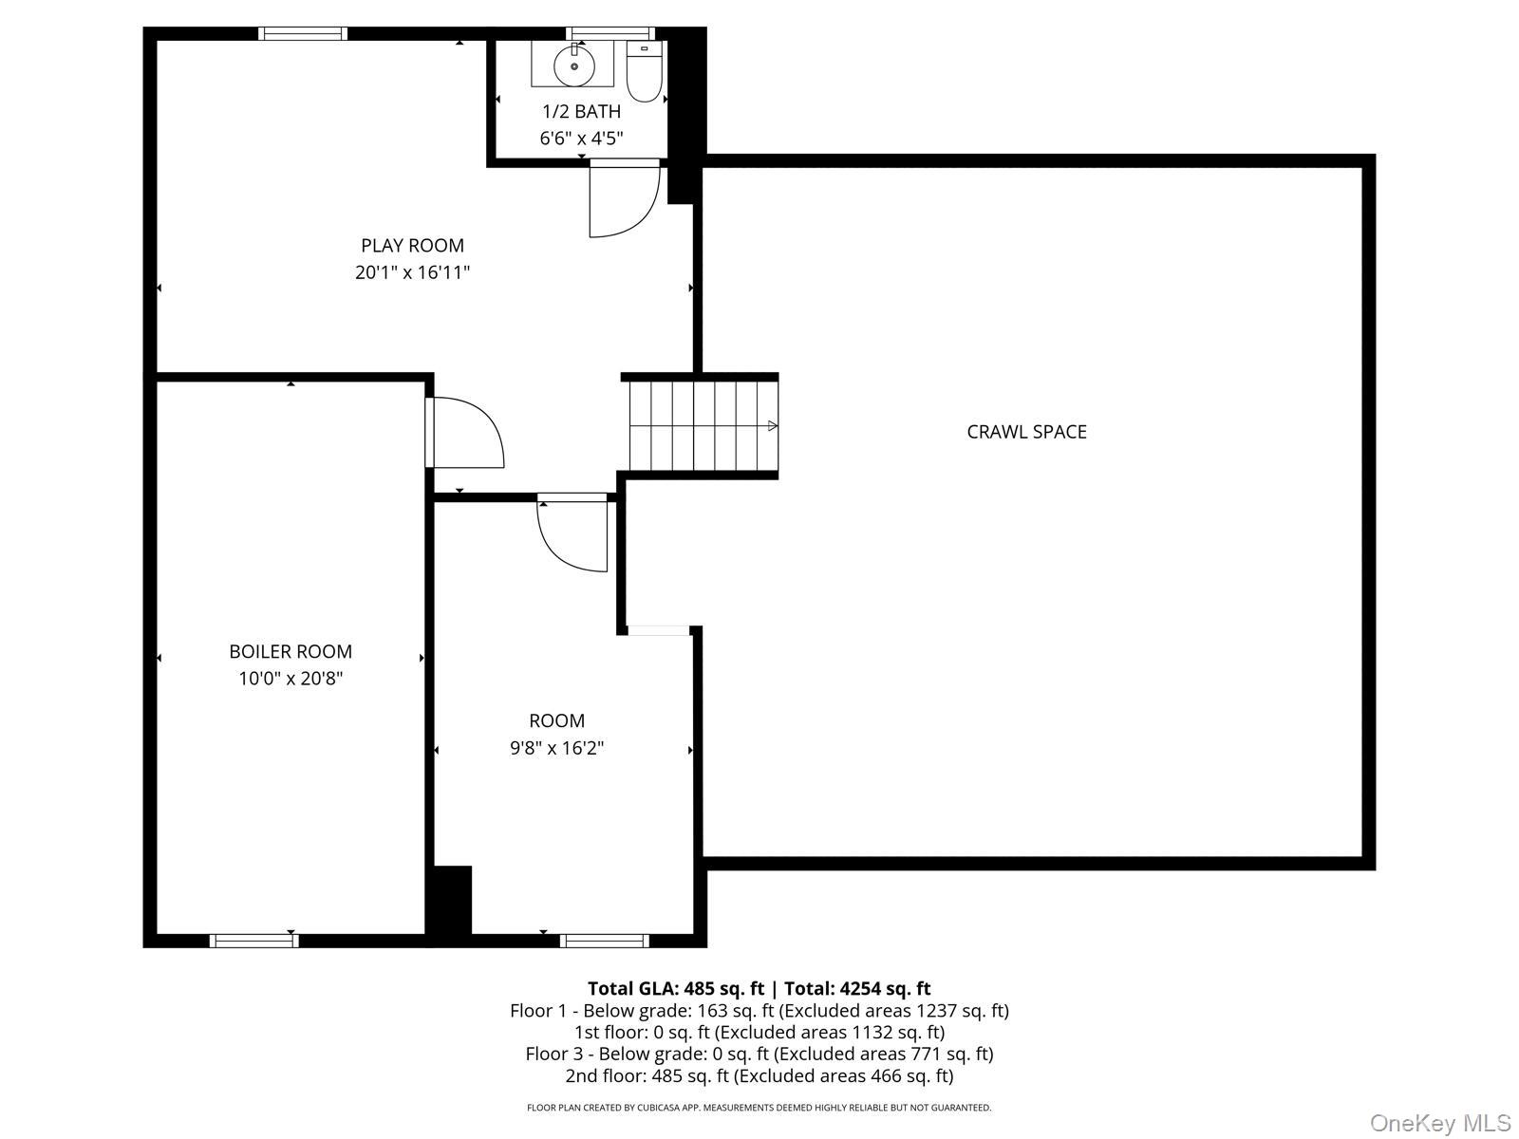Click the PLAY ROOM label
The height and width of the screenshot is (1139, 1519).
coord(412,246)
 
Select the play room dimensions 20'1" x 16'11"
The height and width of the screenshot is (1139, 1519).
coord(412,273)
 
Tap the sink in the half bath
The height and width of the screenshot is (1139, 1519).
coord(573,64)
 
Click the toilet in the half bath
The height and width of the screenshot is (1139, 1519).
coord(644,72)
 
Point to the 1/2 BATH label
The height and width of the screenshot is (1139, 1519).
coord(581,111)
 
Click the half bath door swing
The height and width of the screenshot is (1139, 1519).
coord(622,199)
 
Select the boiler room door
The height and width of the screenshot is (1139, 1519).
coord(465,433)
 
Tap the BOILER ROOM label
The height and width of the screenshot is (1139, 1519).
coord(291,652)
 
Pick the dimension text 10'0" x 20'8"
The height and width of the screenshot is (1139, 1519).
coord(291,679)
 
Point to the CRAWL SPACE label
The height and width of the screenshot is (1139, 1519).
coord(1026,432)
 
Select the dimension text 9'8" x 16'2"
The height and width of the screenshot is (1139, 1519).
coord(556,748)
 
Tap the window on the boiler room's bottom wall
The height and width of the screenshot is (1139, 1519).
coord(253,941)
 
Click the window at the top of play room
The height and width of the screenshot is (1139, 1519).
coord(303,34)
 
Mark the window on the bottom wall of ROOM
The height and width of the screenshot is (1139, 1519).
coord(604,941)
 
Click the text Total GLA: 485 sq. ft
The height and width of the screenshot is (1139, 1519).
coord(675,988)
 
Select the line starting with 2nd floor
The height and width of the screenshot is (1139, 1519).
coord(759,1075)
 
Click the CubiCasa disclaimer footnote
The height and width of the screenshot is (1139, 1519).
coord(759,1108)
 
